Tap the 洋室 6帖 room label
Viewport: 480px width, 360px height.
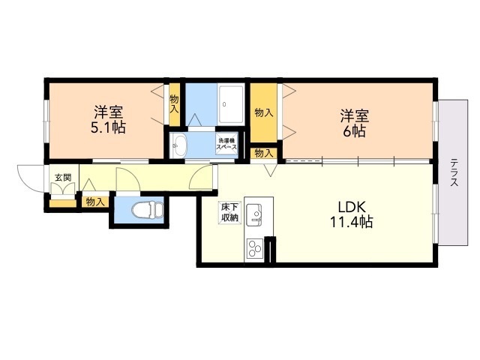(354, 123)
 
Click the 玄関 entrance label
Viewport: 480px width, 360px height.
(62, 178)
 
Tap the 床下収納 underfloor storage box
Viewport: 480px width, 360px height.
(229, 212)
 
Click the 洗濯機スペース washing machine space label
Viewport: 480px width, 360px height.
(227, 144)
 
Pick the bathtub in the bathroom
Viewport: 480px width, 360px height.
(230, 105)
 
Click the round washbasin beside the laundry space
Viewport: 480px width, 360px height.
(178, 145)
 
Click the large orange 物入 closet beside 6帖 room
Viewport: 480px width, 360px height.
(263, 112)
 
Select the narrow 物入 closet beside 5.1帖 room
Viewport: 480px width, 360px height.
(174, 104)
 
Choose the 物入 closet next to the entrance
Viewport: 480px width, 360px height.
(94, 201)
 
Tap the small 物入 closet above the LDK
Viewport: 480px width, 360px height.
(263, 153)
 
